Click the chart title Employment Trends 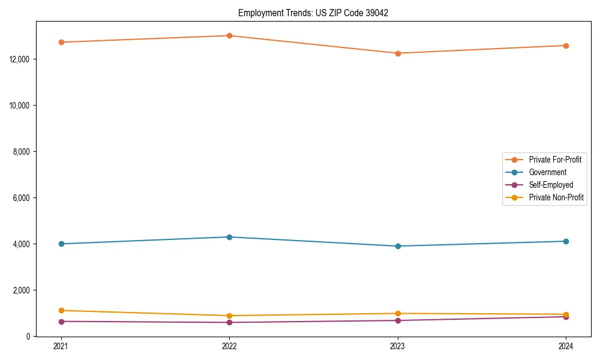[x=313, y=13]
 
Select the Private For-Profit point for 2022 [x=229, y=35]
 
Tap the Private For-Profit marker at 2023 [x=398, y=53]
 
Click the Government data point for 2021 [x=61, y=244]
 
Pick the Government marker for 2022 [x=229, y=237]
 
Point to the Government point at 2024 [x=566, y=241]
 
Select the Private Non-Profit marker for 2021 [x=61, y=310]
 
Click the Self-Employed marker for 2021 [x=61, y=322]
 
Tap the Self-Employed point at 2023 [x=398, y=320]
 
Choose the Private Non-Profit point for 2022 [x=229, y=316]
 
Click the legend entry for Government [x=547, y=172]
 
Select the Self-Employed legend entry [x=551, y=185]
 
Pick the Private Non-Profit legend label [x=556, y=197]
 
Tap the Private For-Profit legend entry [x=555, y=160]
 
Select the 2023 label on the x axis [x=398, y=346]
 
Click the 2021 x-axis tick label [x=61, y=346]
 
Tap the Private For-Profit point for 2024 [x=566, y=46]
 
